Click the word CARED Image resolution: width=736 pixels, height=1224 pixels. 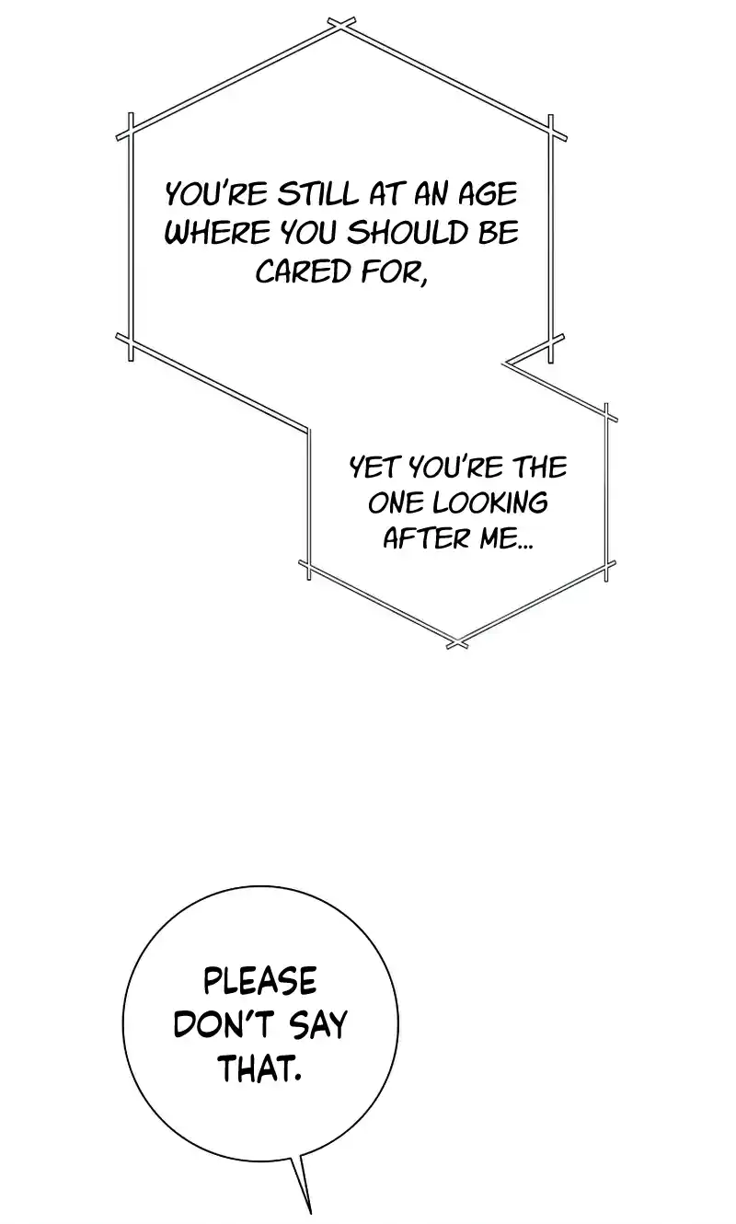tap(294, 271)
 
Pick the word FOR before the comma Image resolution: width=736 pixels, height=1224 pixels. tap(394, 271)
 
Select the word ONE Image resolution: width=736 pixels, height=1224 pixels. tap(394, 502)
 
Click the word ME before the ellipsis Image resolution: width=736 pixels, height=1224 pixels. tap(498, 537)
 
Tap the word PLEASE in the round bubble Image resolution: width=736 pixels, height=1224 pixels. tap(259, 982)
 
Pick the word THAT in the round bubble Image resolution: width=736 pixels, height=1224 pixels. tap(259, 1068)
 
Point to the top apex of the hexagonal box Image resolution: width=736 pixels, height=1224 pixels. tap(341, 25)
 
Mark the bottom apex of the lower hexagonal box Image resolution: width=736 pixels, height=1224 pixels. tap(457, 642)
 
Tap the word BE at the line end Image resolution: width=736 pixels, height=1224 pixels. tap(498, 233)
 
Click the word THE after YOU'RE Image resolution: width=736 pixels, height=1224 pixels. tap(540, 468)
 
